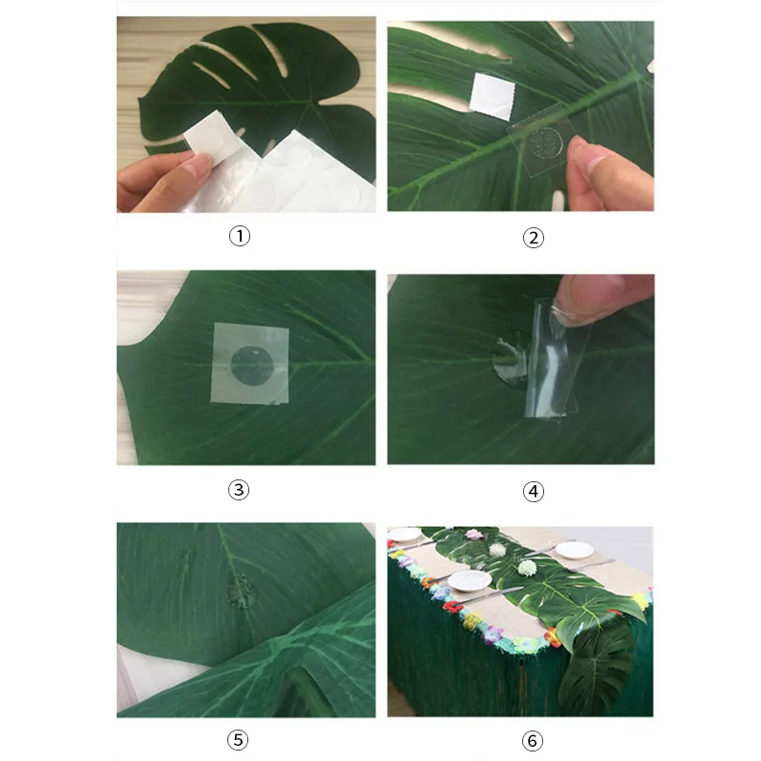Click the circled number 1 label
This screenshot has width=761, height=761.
(240, 236)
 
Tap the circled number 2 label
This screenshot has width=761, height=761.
(533, 238)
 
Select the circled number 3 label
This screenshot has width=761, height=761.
(239, 490)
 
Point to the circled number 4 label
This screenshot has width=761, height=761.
(533, 492)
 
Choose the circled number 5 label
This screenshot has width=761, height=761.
(238, 740)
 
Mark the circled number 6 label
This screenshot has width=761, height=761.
(533, 741)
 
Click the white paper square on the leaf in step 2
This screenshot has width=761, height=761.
(492, 97)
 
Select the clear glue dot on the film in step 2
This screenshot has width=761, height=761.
(546, 144)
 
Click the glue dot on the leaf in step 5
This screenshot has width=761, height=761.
(242, 590)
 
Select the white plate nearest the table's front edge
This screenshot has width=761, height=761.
(470, 580)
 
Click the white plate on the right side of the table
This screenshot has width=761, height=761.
(575, 550)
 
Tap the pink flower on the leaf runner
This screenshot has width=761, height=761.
(473, 535)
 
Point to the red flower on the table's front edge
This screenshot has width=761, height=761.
(453, 607)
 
